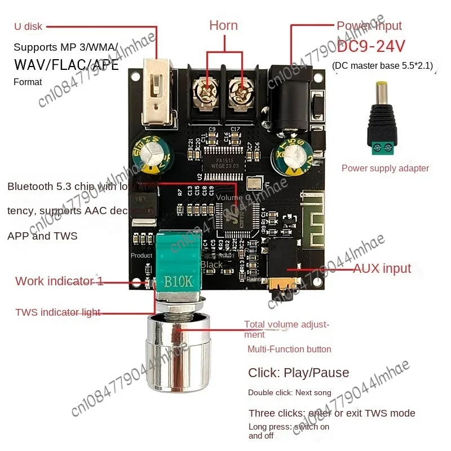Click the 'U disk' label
28,26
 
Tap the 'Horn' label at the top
223,25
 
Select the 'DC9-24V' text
372,46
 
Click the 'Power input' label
369,26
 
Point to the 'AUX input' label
382,268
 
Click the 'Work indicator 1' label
59,281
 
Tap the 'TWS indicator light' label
58,312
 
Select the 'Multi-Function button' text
289,349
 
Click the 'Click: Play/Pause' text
298,373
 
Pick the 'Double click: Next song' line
289,392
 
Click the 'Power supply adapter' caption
385,168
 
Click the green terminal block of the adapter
383,147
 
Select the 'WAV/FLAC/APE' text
67,64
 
